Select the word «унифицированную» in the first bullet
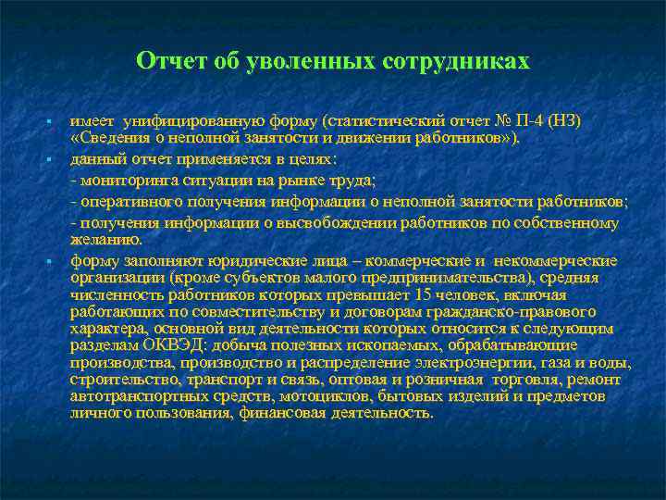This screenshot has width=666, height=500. tap(200, 121)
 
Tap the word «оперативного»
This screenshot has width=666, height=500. tap(127, 201)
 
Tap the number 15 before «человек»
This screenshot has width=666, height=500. tap(425, 294)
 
